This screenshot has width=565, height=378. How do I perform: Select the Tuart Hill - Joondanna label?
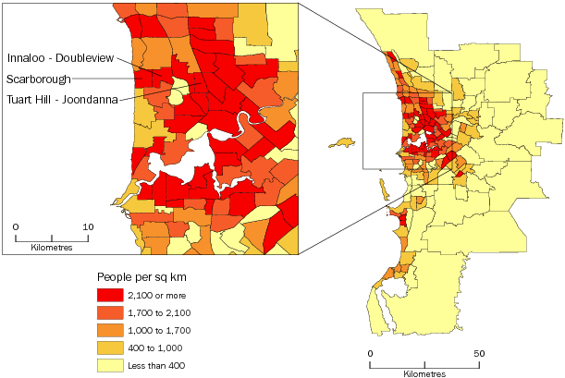pyautogui.click(x=61, y=100)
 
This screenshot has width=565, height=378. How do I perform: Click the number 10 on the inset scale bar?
pyautogui.click(x=87, y=226)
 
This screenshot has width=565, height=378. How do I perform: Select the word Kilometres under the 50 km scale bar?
pyautogui.click(x=424, y=374)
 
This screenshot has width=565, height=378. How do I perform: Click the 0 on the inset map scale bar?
pyautogui.click(x=16, y=226)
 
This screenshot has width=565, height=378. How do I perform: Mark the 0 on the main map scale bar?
pyautogui.click(x=370, y=354)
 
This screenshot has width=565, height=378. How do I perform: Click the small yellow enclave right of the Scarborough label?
pyautogui.click(x=175, y=94)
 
